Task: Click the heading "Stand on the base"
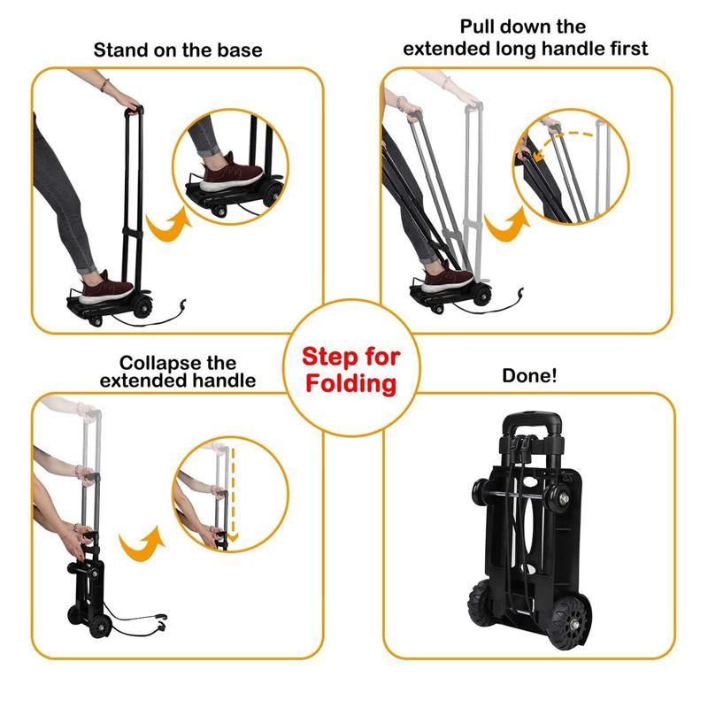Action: pyautogui.click(x=178, y=50)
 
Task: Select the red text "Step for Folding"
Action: pyautogui.click(x=351, y=371)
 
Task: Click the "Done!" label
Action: pyautogui.click(x=529, y=375)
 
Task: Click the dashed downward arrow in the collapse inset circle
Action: pyautogui.click(x=233, y=495)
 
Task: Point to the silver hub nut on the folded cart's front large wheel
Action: pyautogui.click(x=574, y=624)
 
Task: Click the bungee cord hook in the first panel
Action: pyautogui.click(x=183, y=305)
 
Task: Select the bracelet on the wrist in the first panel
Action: pyautogui.click(x=104, y=85)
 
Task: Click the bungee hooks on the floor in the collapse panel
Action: pyautogui.click(x=161, y=622)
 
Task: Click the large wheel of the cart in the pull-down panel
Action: pyautogui.click(x=481, y=296)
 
